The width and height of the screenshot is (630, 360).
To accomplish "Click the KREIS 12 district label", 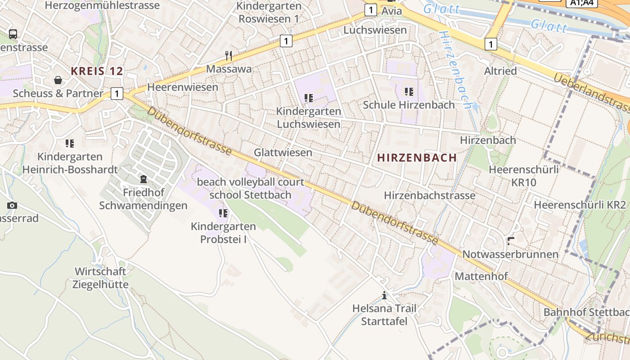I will point(97,71).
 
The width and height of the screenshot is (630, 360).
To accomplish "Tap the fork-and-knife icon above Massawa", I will point(229,56).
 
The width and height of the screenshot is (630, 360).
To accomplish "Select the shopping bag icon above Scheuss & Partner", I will point(58,80).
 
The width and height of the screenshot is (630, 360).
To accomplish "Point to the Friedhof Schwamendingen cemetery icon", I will point(143,179).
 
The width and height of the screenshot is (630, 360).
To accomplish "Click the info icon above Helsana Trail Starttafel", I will point(384,295).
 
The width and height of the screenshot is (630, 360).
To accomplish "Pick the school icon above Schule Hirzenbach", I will point(409,92).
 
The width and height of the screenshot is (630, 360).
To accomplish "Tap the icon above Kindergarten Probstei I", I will point(223,213).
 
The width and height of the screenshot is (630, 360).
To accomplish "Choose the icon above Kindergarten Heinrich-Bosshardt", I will point(69,144).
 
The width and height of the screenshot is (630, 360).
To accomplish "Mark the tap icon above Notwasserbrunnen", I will point(510,241).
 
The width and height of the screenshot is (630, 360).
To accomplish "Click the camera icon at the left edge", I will point(12,206).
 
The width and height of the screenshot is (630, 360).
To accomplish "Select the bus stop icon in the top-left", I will point(13,34).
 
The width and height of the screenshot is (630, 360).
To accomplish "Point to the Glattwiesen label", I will point(283,153).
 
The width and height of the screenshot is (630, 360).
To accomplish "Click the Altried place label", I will point(500,71).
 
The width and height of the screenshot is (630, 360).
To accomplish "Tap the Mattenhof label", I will point(481,276).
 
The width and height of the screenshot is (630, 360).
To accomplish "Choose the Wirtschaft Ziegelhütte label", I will point(100,278).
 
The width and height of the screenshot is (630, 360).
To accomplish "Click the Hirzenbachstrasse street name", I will point(429,195).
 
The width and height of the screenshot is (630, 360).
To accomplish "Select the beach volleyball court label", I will point(251,182).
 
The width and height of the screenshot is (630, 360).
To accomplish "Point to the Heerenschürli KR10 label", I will point(524,176).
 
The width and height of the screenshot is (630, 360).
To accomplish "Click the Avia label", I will point(391,10).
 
